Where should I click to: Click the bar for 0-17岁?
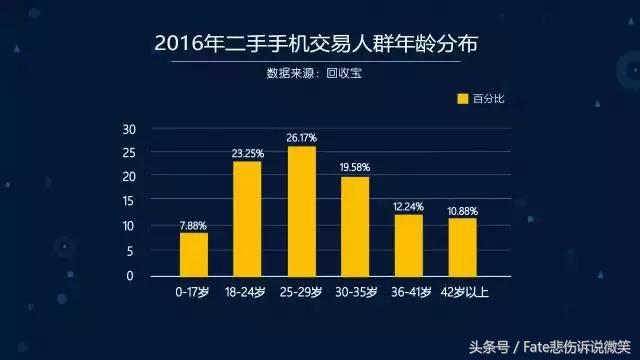click(x=194, y=254)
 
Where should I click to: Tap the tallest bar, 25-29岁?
click(x=301, y=211)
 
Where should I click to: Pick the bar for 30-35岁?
click(x=355, y=226)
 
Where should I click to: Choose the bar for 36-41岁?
click(x=408, y=245)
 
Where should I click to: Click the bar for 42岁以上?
click(x=462, y=247)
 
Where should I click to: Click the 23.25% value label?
click(x=247, y=153)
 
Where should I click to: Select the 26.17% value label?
click(x=301, y=138)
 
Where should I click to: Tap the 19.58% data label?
click(x=355, y=168)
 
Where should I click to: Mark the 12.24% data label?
click(x=408, y=206)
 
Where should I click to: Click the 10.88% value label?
click(x=462, y=211)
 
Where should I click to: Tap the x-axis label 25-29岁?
click(x=301, y=292)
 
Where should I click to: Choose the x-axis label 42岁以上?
click(x=462, y=292)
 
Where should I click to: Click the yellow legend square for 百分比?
click(x=462, y=98)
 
